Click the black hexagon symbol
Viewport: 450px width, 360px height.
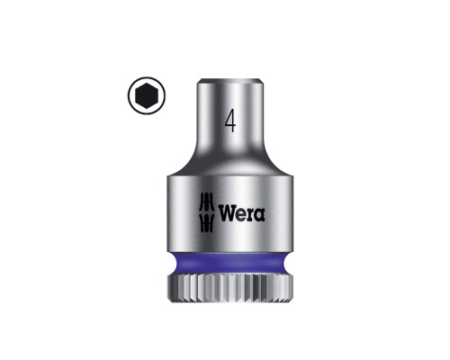[x=147, y=95]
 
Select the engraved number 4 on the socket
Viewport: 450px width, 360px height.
[x=230, y=121]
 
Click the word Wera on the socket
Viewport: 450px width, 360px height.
[x=241, y=213]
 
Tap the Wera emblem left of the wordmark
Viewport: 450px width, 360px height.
[x=207, y=212]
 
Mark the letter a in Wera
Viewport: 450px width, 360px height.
[x=260, y=215]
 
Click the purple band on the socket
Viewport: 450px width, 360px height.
[x=230, y=263]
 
